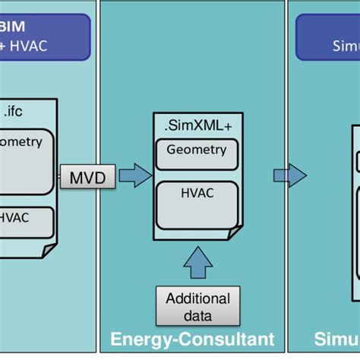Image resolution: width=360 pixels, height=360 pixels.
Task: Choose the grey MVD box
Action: [88, 178]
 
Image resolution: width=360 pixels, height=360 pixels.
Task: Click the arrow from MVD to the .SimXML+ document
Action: [135, 177]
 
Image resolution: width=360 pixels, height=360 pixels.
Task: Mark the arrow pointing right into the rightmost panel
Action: [290, 176]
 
